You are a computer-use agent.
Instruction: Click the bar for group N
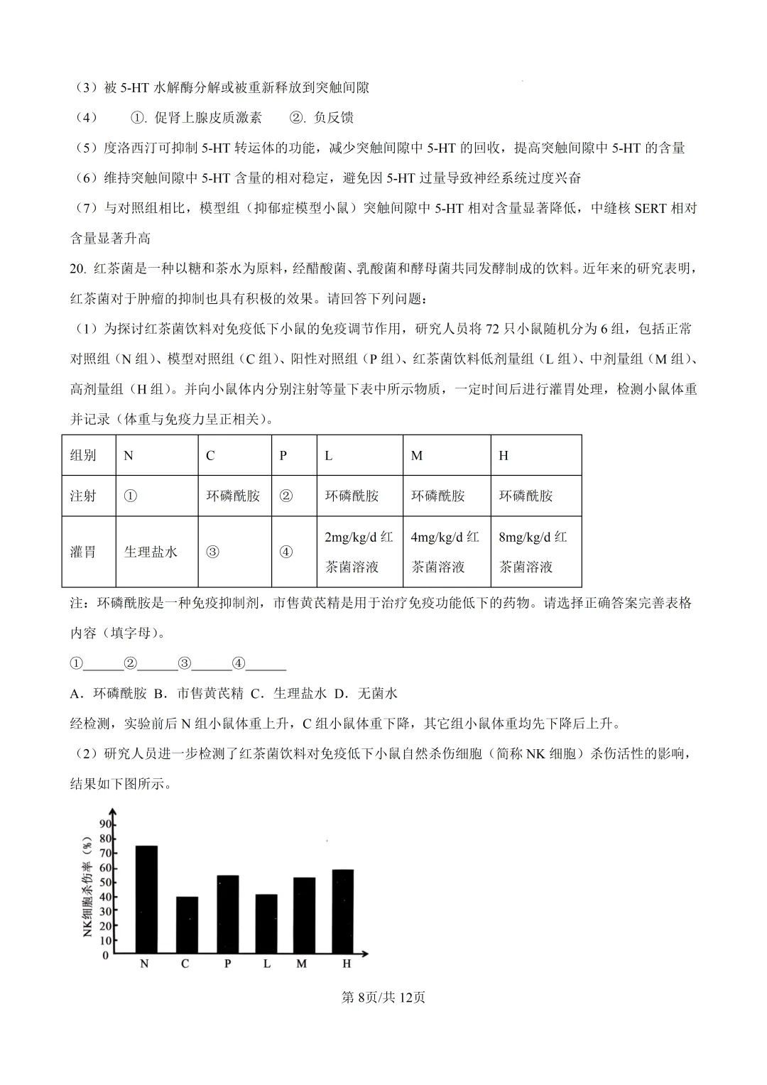146,900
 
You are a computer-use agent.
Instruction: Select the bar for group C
187,925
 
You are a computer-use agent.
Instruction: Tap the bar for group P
227,915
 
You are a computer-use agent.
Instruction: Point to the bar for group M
304,916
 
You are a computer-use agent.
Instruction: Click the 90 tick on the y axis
105,824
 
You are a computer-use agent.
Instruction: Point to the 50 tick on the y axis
105,883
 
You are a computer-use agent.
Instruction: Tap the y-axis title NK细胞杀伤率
87,887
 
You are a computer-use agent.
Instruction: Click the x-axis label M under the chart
302,964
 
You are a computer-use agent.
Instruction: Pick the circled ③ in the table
212,552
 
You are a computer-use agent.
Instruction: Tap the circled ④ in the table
285,552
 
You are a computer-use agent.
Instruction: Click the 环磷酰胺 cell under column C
233,496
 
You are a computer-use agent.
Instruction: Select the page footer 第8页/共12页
383,998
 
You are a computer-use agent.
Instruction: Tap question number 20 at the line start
77,269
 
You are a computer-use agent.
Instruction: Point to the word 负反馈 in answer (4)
333,118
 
